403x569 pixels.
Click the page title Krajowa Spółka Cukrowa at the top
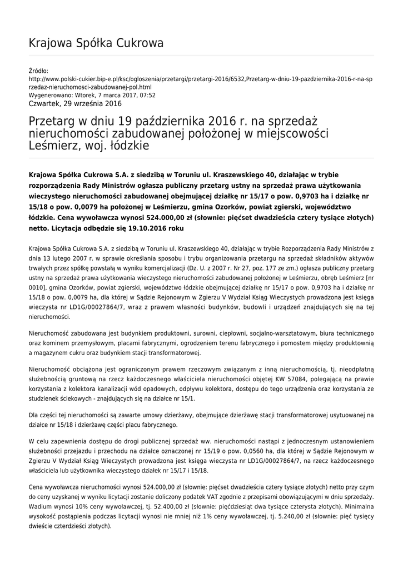[96, 43]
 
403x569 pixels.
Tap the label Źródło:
[38, 71]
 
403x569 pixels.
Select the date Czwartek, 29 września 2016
[74, 103]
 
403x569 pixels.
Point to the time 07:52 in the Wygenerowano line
[148, 95]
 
